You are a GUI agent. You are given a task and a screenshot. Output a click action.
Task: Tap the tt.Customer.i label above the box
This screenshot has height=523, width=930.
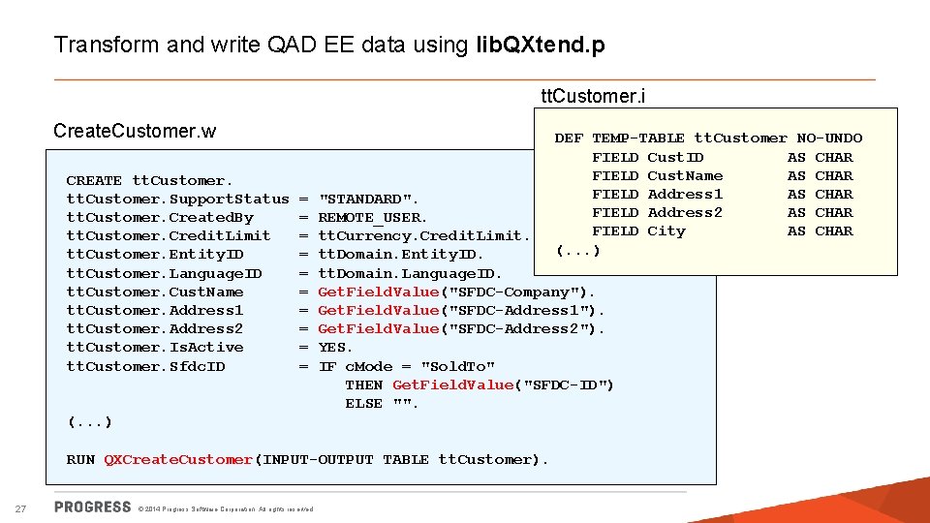click(x=593, y=96)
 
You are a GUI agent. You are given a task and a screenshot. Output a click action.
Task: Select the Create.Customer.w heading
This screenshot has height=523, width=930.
click(x=135, y=131)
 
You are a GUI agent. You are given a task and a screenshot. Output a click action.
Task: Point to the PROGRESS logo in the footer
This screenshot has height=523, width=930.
click(x=93, y=507)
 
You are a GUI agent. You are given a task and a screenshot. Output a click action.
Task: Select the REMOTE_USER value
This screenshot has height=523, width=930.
click(x=372, y=217)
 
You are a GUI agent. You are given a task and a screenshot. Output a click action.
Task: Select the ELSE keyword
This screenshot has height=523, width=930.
click(x=363, y=403)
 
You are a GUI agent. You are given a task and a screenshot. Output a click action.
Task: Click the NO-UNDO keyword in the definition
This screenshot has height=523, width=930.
click(x=829, y=138)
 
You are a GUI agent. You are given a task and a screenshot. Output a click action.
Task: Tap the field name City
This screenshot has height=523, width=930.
click(x=666, y=231)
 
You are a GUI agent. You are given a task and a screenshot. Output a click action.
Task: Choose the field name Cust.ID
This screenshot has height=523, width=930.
click(x=675, y=157)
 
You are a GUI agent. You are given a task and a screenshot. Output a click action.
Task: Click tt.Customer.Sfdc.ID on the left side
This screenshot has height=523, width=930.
click(x=145, y=366)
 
